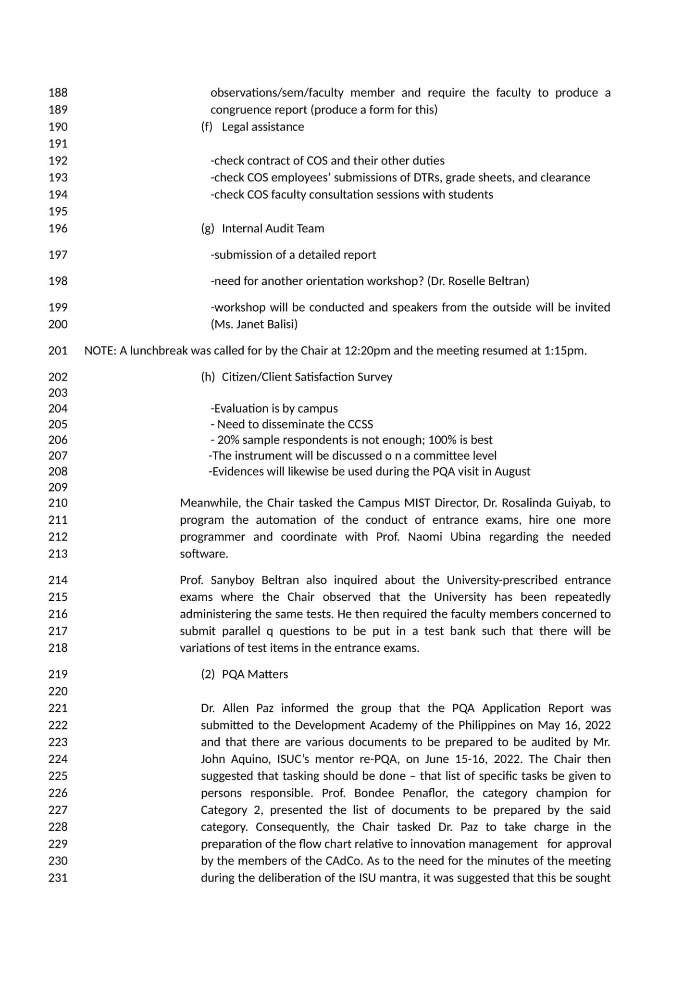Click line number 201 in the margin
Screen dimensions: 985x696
tap(58, 351)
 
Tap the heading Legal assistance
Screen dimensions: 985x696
tap(262, 127)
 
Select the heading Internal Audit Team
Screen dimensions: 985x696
tap(273, 228)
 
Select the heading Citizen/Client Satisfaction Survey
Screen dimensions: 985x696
tap(307, 377)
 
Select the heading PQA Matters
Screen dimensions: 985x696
tap(255, 674)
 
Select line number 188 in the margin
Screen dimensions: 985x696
tap(58, 92)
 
